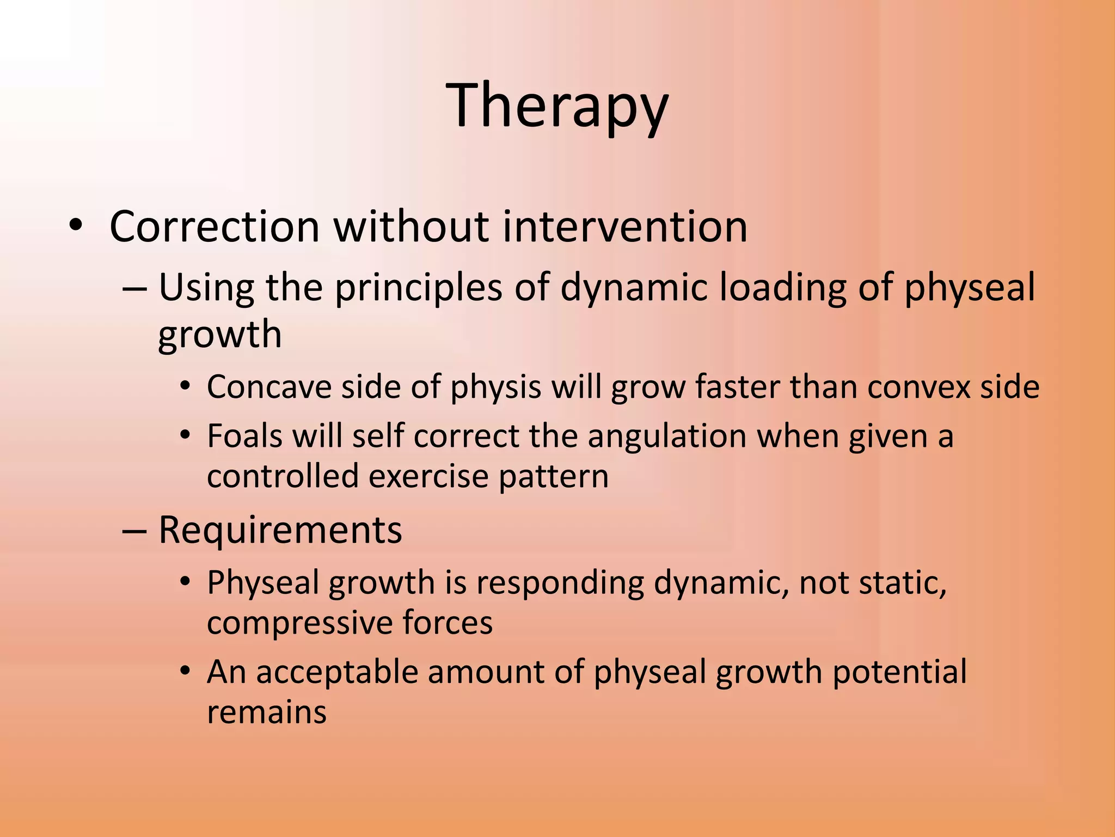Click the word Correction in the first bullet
(x=214, y=226)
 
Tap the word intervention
(x=624, y=226)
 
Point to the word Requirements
(x=280, y=530)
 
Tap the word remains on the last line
(x=267, y=712)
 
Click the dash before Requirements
(x=134, y=531)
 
